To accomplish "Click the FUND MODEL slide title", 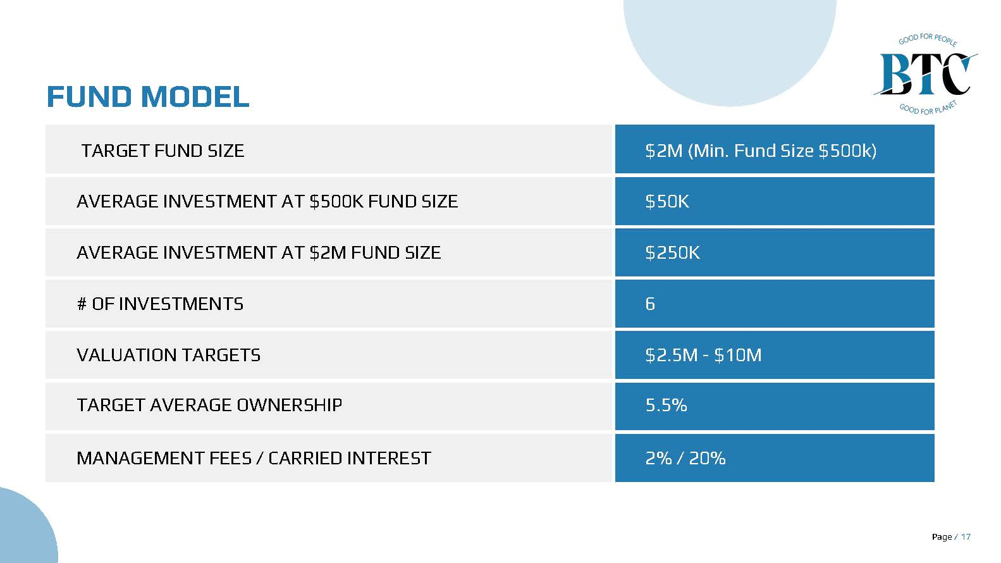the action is click(148, 97).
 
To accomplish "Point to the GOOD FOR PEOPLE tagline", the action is click(928, 39).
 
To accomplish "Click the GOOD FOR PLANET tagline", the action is click(928, 108).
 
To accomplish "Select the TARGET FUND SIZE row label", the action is click(163, 151).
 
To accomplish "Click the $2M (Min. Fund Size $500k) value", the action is click(761, 151).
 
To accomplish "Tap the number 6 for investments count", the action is click(650, 304).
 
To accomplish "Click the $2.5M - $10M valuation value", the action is click(703, 355).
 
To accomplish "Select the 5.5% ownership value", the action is click(666, 405).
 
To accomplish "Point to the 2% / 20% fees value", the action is click(685, 459).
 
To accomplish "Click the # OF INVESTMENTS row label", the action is click(161, 304).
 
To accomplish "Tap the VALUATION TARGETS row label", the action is click(168, 355).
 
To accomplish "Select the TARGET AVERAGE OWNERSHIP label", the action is click(209, 405).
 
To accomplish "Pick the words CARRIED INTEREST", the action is click(350, 459).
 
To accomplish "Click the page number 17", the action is click(966, 536).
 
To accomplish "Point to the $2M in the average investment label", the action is click(328, 252).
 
